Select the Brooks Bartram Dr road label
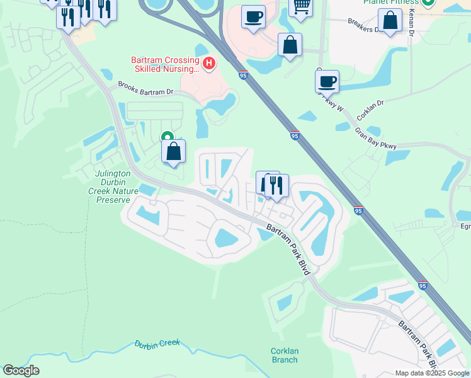(x=145, y=91)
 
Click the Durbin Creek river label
(x=157, y=344)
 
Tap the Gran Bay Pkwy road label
(x=375, y=139)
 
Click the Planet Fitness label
(x=390, y=3)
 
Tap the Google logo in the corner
(x=21, y=370)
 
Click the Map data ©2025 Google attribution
(x=432, y=373)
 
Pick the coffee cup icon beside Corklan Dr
(x=327, y=81)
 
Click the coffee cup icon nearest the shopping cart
(x=253, y=17)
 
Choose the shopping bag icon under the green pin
(x=173, y=152)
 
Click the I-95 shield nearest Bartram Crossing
(x=243, y=75)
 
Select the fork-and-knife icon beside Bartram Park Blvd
(x=276, y=185)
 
